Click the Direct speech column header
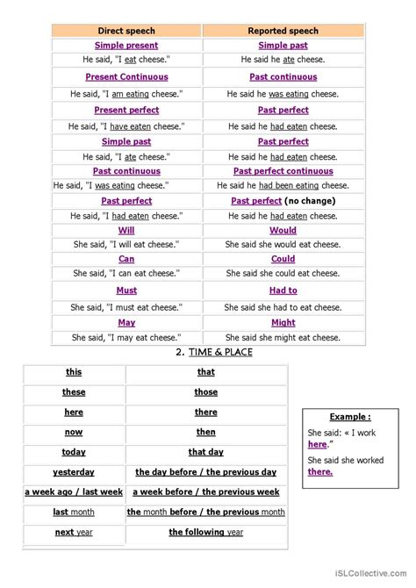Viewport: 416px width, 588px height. [x=126, y=30]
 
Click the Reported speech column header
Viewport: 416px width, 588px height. [x=283, y=30]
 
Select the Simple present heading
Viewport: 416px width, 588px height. [x=126, y=45]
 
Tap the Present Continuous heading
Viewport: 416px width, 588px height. [x=126, y=77]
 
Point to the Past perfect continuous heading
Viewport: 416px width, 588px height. [x=283, y=171]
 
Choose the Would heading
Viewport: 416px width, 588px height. [x=283, y=231]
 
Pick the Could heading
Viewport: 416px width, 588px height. [x=283, y=260]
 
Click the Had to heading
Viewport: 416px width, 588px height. [x=283, y=290]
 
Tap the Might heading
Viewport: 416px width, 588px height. [x=283, y=322]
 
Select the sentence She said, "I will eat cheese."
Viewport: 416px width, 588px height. [x=126, y=245]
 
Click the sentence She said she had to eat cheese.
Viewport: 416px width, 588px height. [x=283, y=307]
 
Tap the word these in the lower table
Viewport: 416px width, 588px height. [x=74, y=392]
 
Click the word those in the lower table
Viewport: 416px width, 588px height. [x=206, y=392]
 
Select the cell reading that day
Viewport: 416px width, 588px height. [x=206, y=452]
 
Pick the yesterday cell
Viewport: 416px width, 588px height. [x=74, y=472]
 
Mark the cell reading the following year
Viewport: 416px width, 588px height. [x=206, y=532]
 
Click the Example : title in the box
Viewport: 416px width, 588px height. [x=350, y=416]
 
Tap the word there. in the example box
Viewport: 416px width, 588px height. [x=320, y=471]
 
